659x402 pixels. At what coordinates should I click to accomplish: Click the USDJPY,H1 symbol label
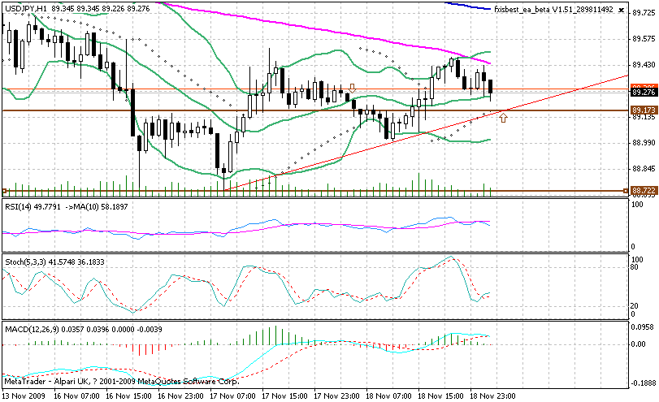click(x=24, y=7)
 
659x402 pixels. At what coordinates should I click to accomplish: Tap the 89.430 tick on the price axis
click(x=644, y=64)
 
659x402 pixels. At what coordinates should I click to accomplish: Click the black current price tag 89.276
click(x=644, y=93)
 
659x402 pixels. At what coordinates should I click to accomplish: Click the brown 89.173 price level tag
click(x=644, y=110)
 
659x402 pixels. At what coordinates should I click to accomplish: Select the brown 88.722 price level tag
click(x=644, y=190)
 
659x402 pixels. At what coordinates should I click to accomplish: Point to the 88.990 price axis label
click(x=644, y=142)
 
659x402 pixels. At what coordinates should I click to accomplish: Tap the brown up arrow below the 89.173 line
click(x=505, y=119)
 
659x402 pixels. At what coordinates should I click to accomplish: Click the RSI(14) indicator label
click(x=20, y=207)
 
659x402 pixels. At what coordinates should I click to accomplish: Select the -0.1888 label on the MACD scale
click(x=644, y=380)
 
